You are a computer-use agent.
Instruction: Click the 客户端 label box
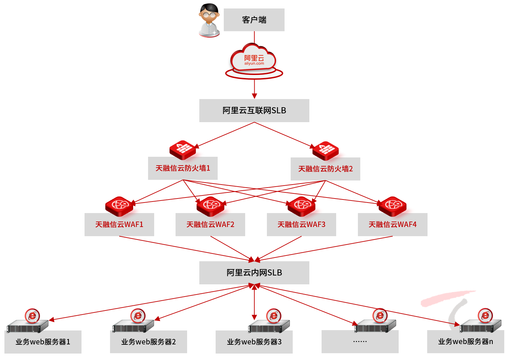(254, 20)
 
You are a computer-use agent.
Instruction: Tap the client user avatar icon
(209, 20)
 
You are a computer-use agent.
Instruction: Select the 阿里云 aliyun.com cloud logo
(254, 60)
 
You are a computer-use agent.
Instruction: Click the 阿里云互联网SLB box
(254, 111)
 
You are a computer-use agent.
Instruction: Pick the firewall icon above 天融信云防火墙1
(183, 149)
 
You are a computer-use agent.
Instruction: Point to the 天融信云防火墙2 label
(325, 169)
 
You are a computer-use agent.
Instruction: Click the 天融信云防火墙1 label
(183, 168)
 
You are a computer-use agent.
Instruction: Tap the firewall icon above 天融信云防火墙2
(325, 150)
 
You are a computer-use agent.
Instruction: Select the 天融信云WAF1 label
(119, 225)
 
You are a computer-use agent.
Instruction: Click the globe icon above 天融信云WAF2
(211, 206)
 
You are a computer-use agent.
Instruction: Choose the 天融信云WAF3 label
(301, 225)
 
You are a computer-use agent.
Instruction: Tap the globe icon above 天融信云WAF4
(393, 206)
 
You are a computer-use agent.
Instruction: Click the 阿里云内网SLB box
(254, 273)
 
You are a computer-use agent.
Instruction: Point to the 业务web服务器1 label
(43, 342)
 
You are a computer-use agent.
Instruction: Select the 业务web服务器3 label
(254, 342)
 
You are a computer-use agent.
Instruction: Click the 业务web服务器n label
(466, 342)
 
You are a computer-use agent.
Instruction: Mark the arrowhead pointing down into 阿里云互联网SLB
(254, 96)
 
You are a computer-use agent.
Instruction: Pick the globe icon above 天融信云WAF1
(119, 206)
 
